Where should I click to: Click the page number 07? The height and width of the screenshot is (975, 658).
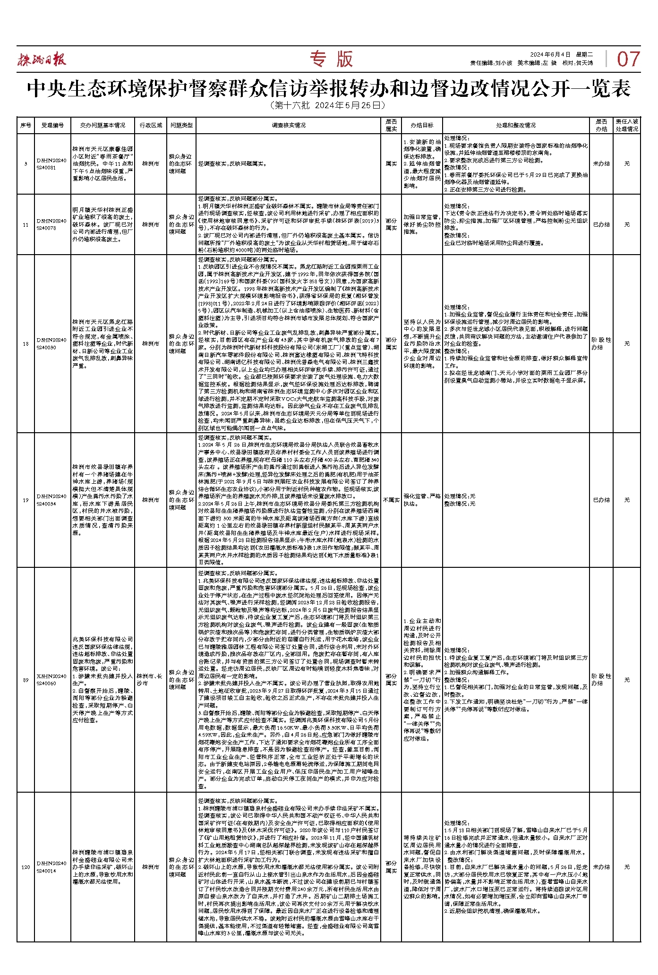coord(628,60)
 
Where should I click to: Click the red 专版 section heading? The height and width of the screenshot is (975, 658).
coord(331,59)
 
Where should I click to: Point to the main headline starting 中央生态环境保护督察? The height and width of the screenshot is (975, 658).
coord(329,88)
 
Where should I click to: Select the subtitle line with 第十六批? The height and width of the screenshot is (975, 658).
coord(329,105)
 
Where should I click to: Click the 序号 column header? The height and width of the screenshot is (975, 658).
coord(26,125)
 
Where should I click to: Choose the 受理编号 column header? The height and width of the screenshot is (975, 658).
coord(52,125)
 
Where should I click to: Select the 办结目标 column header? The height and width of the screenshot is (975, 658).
coord(422,125)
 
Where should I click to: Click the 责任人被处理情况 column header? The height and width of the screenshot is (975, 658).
coord(627,125)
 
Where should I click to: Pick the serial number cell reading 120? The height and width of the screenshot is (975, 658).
coord(26,867)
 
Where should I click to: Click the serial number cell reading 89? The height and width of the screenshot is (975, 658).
coord(26,680)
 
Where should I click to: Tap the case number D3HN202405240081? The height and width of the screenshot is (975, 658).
coord(52,164)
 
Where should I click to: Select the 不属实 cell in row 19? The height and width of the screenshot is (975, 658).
coord(391,500)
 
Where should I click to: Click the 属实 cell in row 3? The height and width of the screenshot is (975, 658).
coord(391,164)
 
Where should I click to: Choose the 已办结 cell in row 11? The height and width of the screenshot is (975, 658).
coord(601,224)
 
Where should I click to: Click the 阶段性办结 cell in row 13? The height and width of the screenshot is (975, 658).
coord(601,343)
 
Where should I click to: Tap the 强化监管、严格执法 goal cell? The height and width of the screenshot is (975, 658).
coord(422,500)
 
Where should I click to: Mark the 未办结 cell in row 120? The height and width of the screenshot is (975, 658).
coord(601,867)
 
